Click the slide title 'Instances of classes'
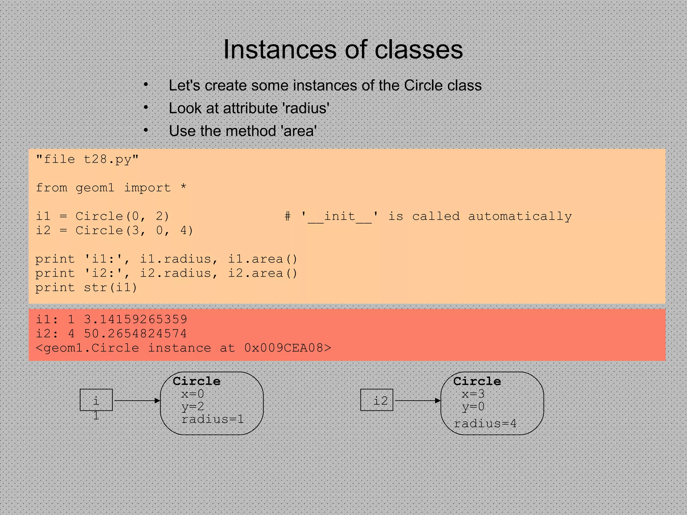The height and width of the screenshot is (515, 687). tap(343, 49)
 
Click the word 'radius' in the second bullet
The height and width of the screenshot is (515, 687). tap(306, 108)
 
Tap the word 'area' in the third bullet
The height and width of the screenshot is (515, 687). tap(300, 131)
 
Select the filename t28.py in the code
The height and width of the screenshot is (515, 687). tap(107, 159)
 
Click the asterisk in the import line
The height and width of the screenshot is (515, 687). tap(183, 187)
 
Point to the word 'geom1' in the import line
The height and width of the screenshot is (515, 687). tap(95, 188)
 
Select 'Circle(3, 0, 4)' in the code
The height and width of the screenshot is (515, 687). tap(134, 231)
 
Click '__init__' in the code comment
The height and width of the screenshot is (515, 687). tap(340, 217)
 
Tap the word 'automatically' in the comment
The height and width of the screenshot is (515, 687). tap(520, 217)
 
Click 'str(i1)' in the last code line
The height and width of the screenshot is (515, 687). tap(110, 288)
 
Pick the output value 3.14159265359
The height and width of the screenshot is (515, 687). tap(136, 319)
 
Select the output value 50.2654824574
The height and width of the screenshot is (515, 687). tap(136, 334)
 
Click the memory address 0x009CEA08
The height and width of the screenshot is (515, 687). tap(284, 348)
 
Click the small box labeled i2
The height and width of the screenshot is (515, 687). tap(377, 400)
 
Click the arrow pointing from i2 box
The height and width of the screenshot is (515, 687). tap(417, 400)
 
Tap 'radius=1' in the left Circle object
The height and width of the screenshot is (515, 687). tap(212, 419)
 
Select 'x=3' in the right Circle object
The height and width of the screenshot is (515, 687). tap(473, 394)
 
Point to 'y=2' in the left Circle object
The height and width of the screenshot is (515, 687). tap(193, 406)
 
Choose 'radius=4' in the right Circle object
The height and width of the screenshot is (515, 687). tap(485, 423)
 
